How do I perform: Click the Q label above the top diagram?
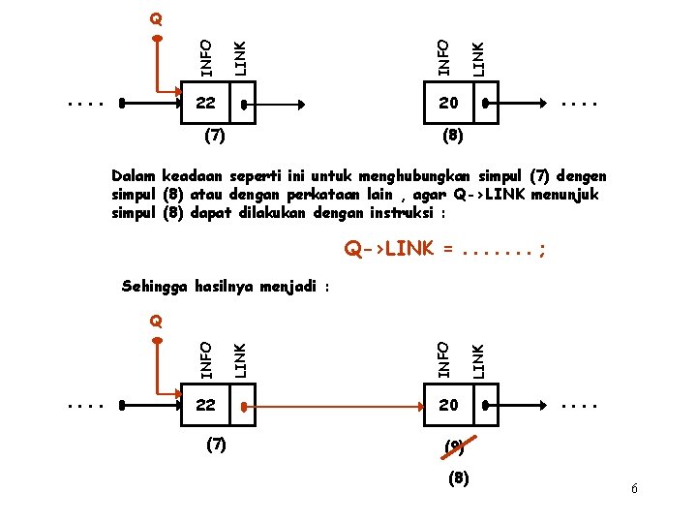point(156,18)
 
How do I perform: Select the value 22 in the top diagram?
point(205,103)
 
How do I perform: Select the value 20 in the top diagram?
point(447,103)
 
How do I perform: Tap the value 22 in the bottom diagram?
point(205,406)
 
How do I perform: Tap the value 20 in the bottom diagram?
point(447,406)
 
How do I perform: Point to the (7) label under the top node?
point(214,137)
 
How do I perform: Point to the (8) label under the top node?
point(452,137)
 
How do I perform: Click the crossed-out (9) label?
point(453,446)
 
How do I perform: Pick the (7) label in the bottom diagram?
point(214,446)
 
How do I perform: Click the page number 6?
point(634,489)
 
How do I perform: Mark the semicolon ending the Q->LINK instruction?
point(543,251)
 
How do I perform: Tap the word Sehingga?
point(155,286)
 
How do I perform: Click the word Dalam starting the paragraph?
point(135,176)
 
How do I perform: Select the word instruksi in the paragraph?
point(404,213)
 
